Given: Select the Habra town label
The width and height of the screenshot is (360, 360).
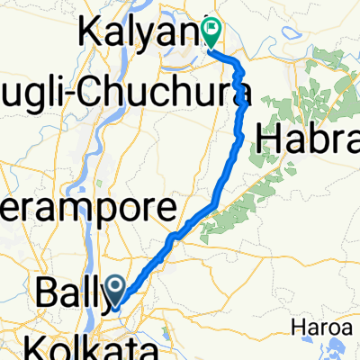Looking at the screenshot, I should pos(306,140).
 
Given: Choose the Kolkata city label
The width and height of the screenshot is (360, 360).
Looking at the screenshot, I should pos(85,346).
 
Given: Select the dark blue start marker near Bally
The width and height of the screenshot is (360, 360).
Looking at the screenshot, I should pos(118,290).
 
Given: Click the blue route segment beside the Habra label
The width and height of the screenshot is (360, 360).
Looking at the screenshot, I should pos(239,135).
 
